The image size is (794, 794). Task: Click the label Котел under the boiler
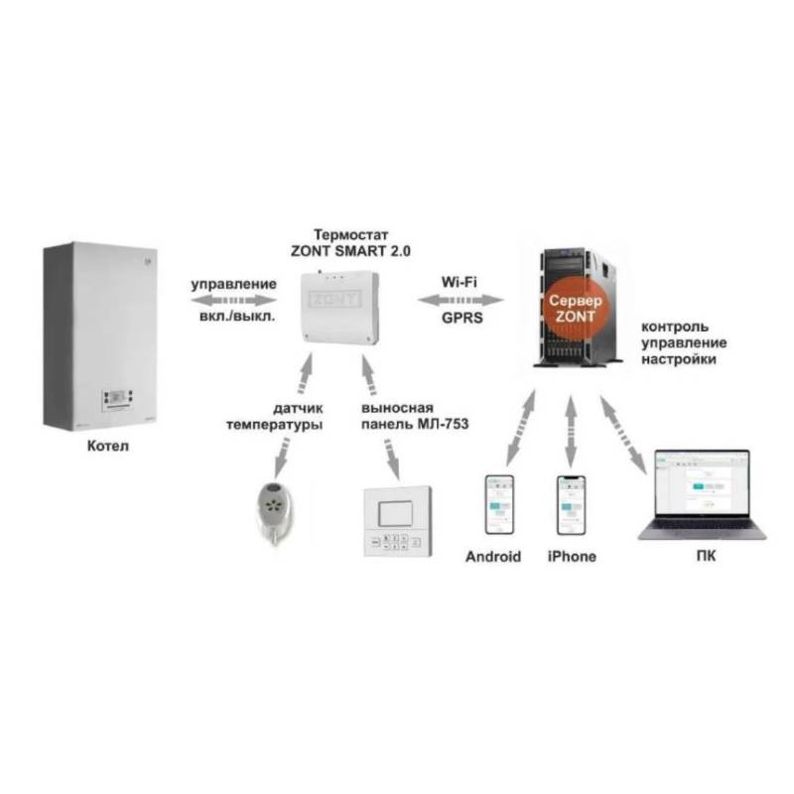pyautogui.click(x=106, y=448)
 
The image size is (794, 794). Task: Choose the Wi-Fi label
pyautogui.click(x=460, y=282)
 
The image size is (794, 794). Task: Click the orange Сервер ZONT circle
pyautogui.click(x=570, y=301)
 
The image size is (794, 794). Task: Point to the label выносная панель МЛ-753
pyautogui.click(x=408, y=416)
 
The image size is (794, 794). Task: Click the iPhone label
pyautogui.click(x=571, y=557)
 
